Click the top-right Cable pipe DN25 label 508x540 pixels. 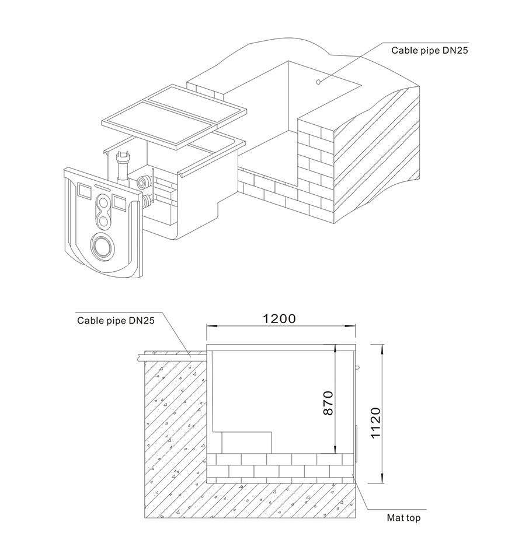click(x=430, y=50)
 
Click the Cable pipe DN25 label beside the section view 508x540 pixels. click(x=116, y=320)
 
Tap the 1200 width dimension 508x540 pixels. click(x=279, y=318)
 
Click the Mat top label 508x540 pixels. click(x=403, y=517)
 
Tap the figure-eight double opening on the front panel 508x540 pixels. click(x=104, y=212)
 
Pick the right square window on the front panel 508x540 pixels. click(x=120, y=202)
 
